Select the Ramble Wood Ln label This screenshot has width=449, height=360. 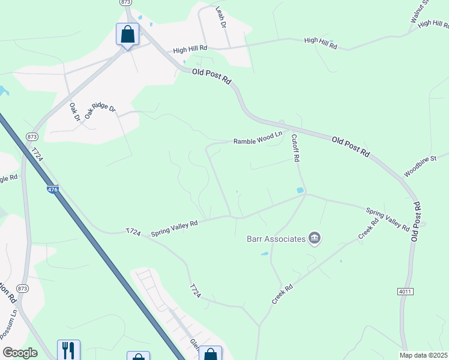(x=258, y=140)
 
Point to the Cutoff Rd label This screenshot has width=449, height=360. (x=295, y=148)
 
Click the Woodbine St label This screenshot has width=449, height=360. (x=418, y=166)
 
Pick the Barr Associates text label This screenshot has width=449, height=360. (x=276, y=239)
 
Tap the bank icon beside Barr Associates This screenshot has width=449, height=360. (x=315, y=239)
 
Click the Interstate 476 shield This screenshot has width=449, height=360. (x=53, y=190)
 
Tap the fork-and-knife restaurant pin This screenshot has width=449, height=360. (x=68, y=350)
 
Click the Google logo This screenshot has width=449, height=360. (x=20, y=353)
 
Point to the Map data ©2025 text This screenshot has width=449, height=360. (x=423, y=355)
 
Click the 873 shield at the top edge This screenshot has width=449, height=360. (x=125, y=3)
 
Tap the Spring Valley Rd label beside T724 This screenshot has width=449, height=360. (x=174, y=227)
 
